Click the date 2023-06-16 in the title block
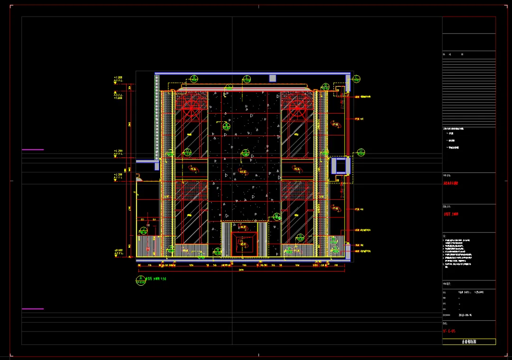[x=465, y=314]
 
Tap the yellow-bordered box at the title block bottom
[x=469, y=342]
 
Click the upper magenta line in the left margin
[x=33, y=150]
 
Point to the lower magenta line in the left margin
[x=33, y=309]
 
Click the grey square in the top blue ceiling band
[x=273, y=78]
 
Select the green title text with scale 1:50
[x=156, y=279]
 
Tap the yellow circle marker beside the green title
[x=140, y=280]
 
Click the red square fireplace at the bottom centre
[x=245, y=244]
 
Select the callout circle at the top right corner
[x=357, y=79]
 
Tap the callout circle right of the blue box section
[x=361, y=153]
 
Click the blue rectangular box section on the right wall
[x=340, y=166]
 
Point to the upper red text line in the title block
[x=451, y=183]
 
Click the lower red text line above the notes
[x=451, y=214]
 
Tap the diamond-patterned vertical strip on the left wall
[x=157, y=116]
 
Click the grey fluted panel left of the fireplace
[x=226, y=239]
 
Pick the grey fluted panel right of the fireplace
[x=264, y=239]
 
